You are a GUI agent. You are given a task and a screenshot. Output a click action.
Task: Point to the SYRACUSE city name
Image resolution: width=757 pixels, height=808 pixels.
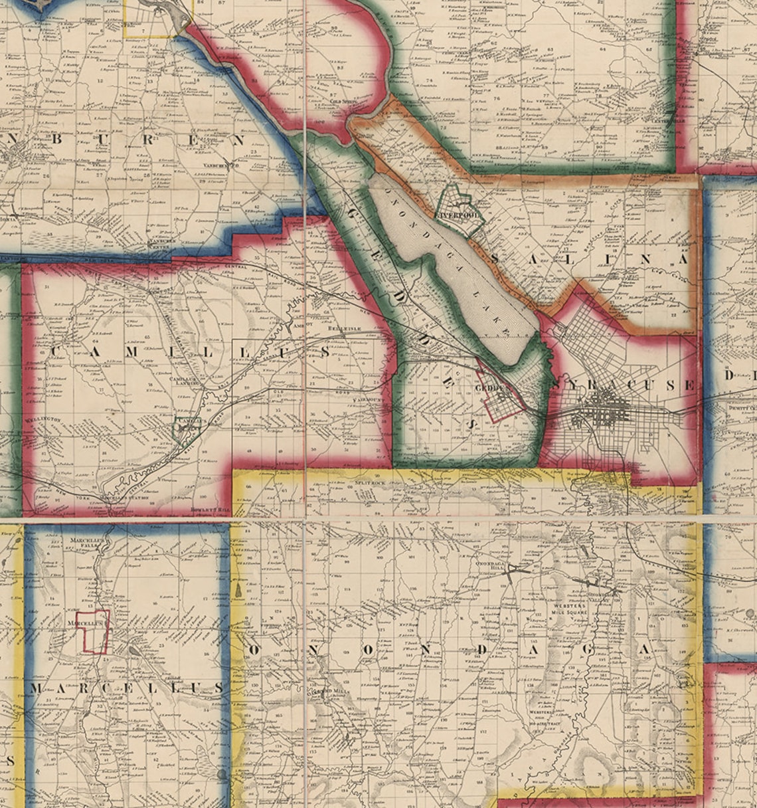pyautogui.click(x=623, y=385)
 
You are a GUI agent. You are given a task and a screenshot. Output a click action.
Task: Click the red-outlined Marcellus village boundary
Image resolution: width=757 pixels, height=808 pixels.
pyautogui.click(x=92, y=631)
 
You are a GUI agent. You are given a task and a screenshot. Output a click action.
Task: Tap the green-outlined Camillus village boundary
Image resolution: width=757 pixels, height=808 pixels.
pyautogui.click(x=186, y=427)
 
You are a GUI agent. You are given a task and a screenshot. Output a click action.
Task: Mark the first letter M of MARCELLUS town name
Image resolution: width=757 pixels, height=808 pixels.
pyautogui.click(x=35, y=688)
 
